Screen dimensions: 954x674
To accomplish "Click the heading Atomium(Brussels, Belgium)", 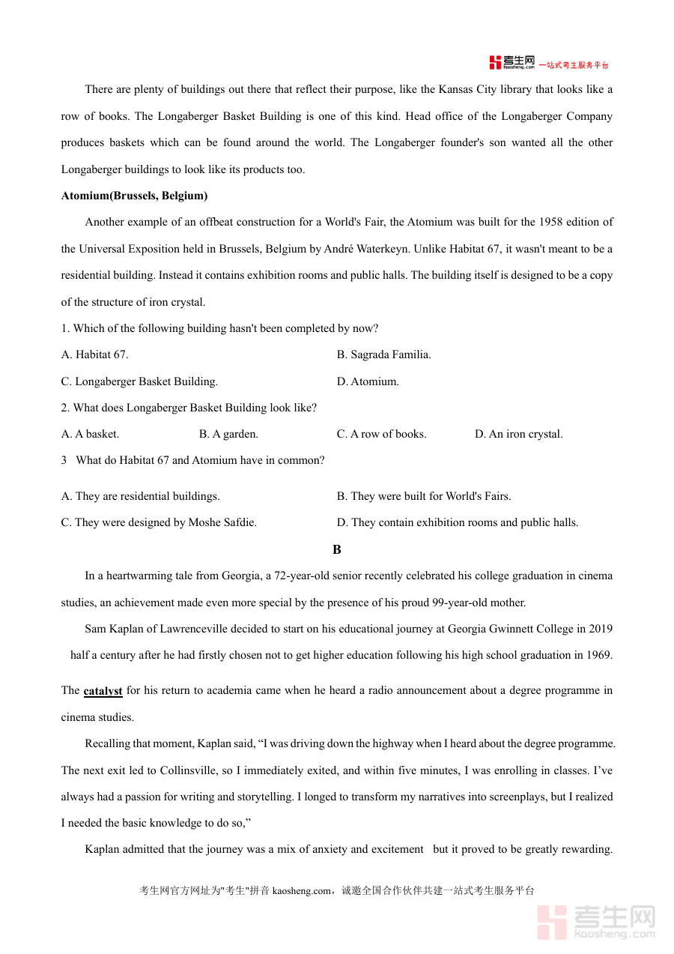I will tap(134, 196).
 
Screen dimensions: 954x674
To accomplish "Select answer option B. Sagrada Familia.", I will tap(383, 354).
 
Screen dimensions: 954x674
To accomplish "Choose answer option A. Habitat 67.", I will tap(94, 354).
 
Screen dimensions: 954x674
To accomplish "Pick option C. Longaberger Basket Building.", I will tap(139, 381).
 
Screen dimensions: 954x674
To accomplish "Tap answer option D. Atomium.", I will tap(368, 381).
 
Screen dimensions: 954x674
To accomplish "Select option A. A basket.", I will tap(90, 434).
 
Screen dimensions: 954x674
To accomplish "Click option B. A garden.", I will tap(228, 434).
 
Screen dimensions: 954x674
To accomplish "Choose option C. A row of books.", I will tap(381, 434).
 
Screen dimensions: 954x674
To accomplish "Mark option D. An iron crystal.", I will tap(518, 434).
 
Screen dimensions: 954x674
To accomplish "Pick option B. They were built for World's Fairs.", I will tap(424, 496).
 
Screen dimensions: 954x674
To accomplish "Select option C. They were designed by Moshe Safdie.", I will tap(159, 522).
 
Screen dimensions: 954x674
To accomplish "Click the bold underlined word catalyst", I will tap(103, 691).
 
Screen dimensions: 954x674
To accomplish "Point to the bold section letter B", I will tap(336, 549).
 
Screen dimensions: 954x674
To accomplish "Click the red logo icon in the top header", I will tap(495, 63).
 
